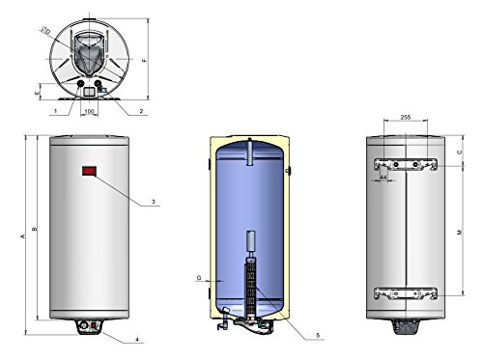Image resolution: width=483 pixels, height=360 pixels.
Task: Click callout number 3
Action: (x=153, y=203)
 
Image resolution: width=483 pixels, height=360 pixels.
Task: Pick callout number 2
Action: (x=141, y=112)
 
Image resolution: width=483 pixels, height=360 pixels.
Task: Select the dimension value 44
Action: (x=384, y=179)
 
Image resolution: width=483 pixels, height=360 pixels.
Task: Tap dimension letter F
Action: (x=145, y=60)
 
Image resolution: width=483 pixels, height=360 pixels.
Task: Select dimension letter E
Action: (x=38, y=93)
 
